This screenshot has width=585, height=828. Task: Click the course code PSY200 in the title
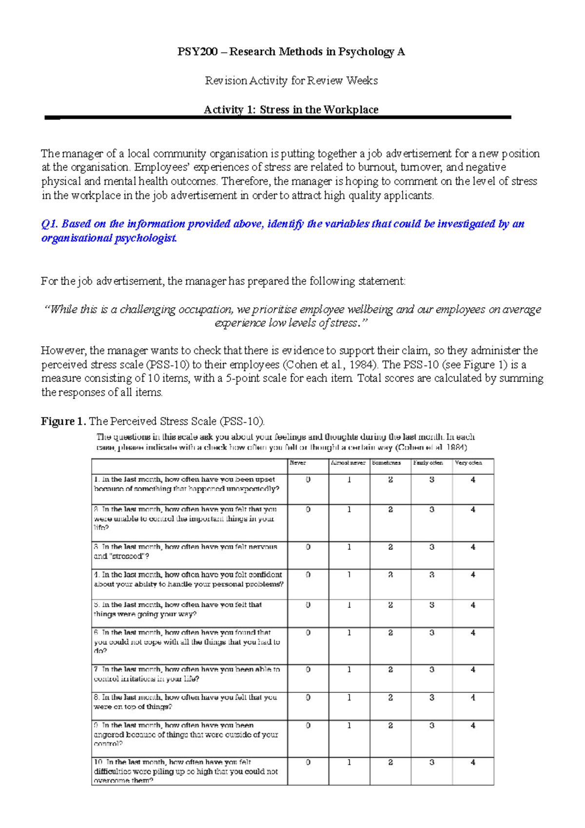[197, 52]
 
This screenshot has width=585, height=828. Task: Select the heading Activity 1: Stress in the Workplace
[291, 110]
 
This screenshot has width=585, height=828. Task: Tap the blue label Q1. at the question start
[50, 224]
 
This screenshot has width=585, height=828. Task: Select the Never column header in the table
[298, 463]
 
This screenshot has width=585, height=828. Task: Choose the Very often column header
[468, 463]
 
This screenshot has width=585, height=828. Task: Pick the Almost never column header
[348, 463]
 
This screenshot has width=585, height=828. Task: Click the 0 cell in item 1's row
[308, 480]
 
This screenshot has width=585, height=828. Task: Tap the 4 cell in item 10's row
[473, 762]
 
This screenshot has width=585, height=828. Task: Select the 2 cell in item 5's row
[390, 605]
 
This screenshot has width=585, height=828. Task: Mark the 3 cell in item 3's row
[432, 547]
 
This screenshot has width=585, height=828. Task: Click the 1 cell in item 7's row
[349, 670]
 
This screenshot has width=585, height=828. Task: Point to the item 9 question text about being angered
[186, 734]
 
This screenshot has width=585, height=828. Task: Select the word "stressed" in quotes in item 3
[128, 556]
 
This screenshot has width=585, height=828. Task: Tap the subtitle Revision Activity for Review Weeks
[291, 80]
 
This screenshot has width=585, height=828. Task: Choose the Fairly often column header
[428, 463]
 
